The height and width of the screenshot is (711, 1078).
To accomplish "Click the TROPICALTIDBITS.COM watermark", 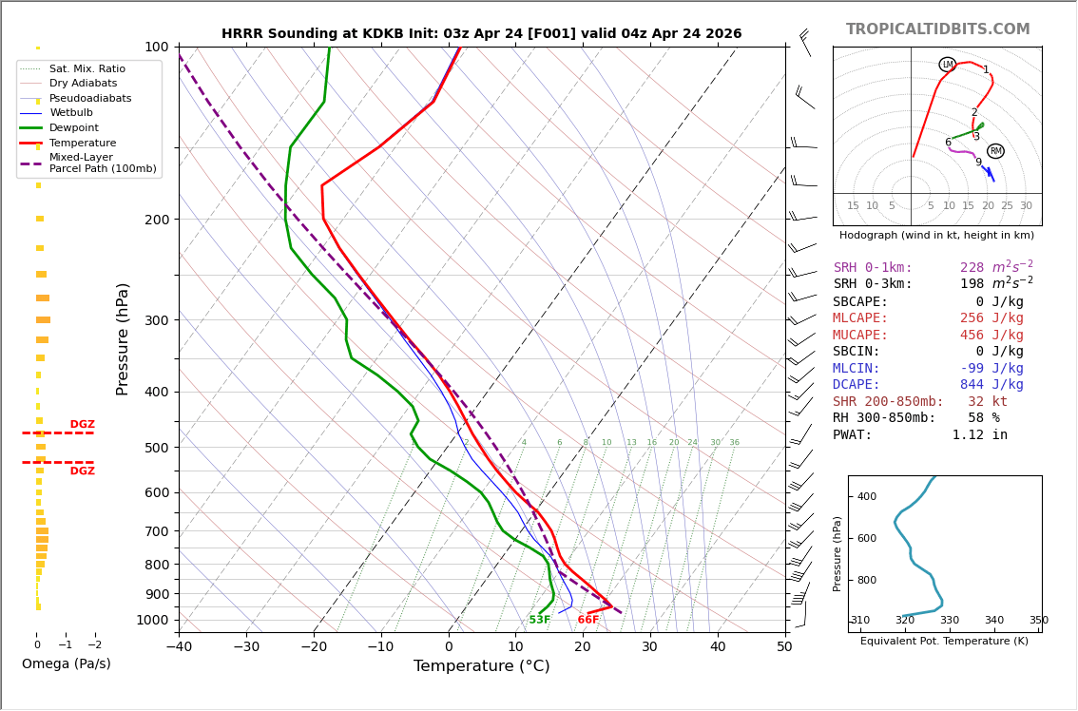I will [x=937, y=29].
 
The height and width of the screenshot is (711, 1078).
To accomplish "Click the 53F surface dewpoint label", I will [x=540, y=620].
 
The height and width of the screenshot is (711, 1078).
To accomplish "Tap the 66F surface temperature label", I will [x=588, y=620].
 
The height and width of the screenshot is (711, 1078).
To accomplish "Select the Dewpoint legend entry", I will [x=74, y=128].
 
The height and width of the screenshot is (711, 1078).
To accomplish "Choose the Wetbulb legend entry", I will [x=71, y=113].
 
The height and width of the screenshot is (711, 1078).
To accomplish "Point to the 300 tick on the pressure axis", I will [x=157, y=320].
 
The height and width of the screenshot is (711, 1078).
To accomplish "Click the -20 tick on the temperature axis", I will [x=314, y=648].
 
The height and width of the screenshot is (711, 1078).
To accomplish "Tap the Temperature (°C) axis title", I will [x=481, y=666].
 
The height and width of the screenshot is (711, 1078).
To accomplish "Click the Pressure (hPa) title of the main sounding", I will [x=124, y=338].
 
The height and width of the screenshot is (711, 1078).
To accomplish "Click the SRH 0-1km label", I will [x=873, y=268].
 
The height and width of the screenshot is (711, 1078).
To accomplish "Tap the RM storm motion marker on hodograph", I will [x=995, y=151].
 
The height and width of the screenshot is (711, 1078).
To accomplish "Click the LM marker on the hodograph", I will [x=947, y=65].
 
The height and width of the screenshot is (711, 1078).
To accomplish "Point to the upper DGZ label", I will [x=82, y=425].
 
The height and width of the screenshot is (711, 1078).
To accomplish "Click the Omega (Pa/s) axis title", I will [x=66, y=664].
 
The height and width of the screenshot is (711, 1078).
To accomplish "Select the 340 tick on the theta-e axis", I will [x=993, y=621].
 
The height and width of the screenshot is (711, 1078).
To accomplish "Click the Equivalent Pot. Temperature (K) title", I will [x=944, y=642].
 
